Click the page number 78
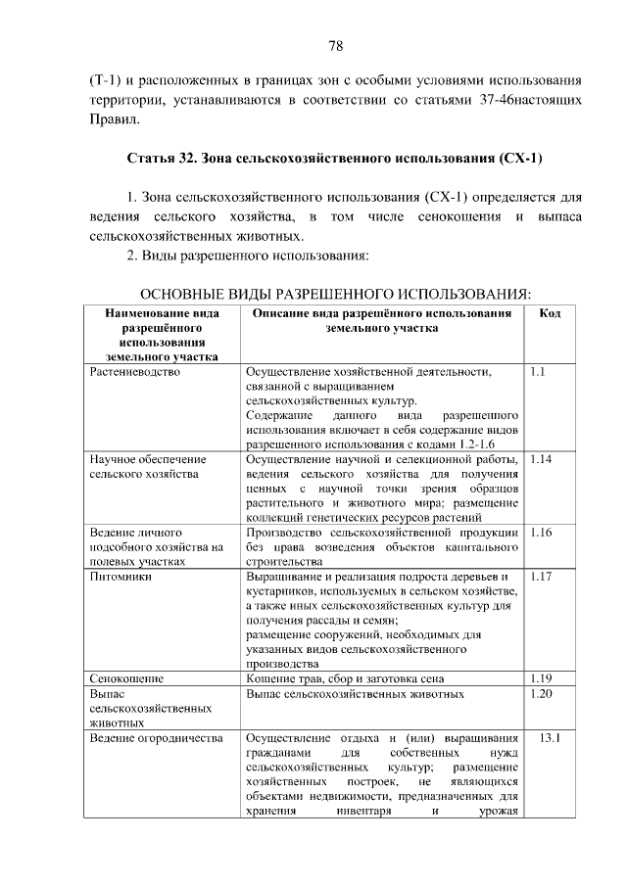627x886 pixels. point(334,46)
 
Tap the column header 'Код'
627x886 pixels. point(550,313)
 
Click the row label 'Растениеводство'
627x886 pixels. point(133,373)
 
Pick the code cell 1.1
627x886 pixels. point(537,373)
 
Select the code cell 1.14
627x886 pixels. point(541,458)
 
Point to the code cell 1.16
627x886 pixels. point(541,534)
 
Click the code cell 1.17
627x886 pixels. point(541,577)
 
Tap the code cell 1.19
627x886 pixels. point(541,677)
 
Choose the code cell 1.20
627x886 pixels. point(541,693)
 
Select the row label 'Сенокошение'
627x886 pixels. point(125,677)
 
